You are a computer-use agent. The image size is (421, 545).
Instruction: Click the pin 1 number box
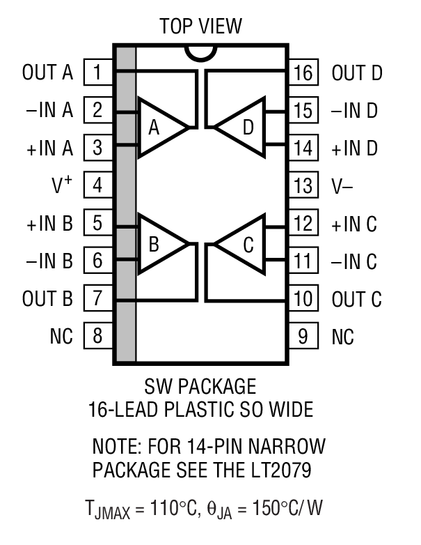[x=98, y=72]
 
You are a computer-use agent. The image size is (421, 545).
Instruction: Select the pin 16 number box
[x=303, y=72]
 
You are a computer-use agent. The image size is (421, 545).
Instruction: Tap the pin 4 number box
[x=98, y=185]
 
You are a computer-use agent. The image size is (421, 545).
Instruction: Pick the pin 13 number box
[x=303, y=185]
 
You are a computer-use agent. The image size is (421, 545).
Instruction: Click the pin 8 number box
[x=98, y=337]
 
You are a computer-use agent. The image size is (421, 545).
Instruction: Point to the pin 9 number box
[x=303, y=337]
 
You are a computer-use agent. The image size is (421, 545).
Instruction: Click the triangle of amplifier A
[x=159, y=126]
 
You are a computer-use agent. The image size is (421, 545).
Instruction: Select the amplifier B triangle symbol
[x=159, y=243]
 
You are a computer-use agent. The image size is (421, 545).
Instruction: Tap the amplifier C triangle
[x=243, y=243]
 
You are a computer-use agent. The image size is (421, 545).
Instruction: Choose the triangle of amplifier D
[x=243, y=126]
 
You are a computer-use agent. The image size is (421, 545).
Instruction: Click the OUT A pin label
[x=47, y=72]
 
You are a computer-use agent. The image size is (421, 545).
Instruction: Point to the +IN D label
[x=354, y=148]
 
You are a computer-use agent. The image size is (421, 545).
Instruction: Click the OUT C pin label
[x=356, y=300]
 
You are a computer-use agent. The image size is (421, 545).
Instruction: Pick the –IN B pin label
[x=47, y=261]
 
